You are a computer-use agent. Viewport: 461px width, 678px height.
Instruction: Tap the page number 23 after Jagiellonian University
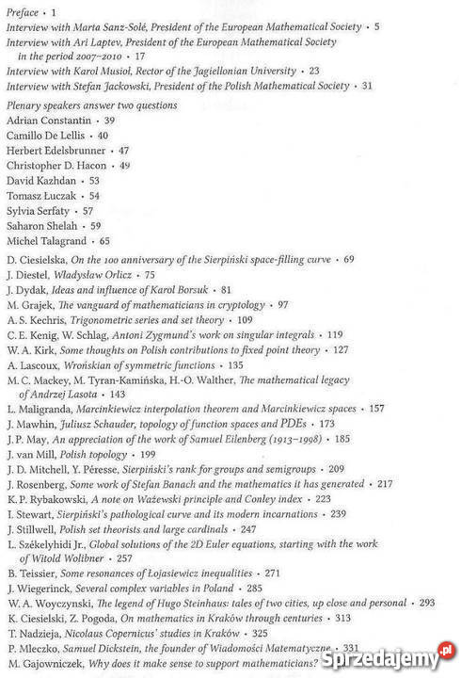[314, 71]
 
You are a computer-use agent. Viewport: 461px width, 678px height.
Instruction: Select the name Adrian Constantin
[47, 121]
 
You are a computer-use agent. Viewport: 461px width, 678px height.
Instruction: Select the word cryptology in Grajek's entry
[238, 304]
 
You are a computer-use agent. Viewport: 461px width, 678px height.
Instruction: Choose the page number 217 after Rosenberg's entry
[385, 484]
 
